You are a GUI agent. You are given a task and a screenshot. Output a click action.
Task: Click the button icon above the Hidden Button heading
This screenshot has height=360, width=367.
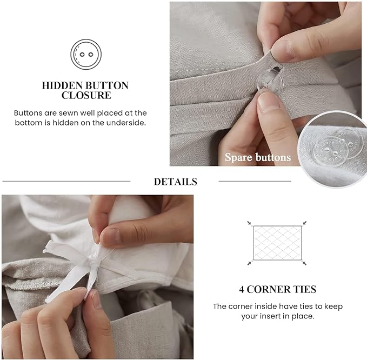click(x=86, y=54)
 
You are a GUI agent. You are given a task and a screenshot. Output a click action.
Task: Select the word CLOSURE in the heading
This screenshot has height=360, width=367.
click(x=86, y=96)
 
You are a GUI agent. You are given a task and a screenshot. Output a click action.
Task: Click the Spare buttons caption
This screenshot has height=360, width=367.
click(x=258, y=158)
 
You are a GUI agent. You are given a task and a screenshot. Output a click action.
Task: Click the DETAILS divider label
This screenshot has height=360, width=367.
click(x=175, y=182)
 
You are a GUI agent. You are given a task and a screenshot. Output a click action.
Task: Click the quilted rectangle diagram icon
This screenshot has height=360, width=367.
click(x=277, y=242)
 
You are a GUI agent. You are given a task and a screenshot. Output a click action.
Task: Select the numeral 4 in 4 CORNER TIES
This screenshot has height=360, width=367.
click(x=242, y=290)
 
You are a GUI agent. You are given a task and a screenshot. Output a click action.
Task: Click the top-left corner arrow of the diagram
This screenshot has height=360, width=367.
click(x=249, y=223)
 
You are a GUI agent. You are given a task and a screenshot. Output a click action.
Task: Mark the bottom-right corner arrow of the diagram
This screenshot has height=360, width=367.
click(x=304, y=263)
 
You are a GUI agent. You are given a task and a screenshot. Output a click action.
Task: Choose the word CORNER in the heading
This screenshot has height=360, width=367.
click(x=269, y=290)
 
